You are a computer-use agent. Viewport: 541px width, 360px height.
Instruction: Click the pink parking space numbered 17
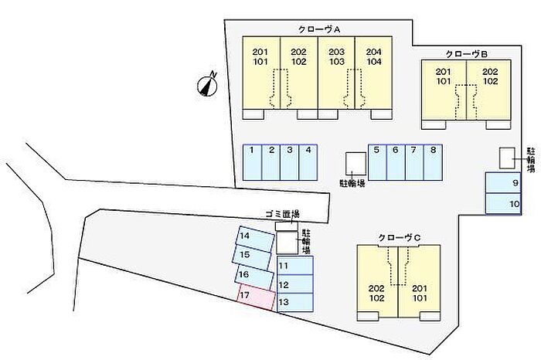(x=256, y=297)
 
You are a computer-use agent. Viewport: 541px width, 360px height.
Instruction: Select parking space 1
(x=253, y=162)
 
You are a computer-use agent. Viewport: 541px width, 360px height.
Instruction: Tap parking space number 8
(x=434, y=162)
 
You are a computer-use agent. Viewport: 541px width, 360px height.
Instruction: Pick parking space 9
(x=505, y=183)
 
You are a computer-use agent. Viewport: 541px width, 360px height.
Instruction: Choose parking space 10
(x=505, y=203)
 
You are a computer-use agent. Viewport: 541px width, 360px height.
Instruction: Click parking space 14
(x=254, y=238)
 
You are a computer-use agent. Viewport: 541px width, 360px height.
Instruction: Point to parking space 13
(x=294, y=302)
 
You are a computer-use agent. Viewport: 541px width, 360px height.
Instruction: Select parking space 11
(x=294, y=266)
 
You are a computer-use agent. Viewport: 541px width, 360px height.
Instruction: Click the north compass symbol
(x=208, y=84)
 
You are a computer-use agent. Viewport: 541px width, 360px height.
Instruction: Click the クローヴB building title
(x=466, y=54)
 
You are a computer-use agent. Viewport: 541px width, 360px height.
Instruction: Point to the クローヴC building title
(x=399, y=237)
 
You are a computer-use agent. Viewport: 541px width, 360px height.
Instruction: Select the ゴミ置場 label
(x=281, y=214)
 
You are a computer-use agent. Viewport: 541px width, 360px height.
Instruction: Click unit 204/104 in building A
(x=373, y=73)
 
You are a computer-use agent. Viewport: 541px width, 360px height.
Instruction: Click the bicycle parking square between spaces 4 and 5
(x=356, y=162)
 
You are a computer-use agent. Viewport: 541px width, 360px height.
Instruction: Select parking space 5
(x=376, y=162)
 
